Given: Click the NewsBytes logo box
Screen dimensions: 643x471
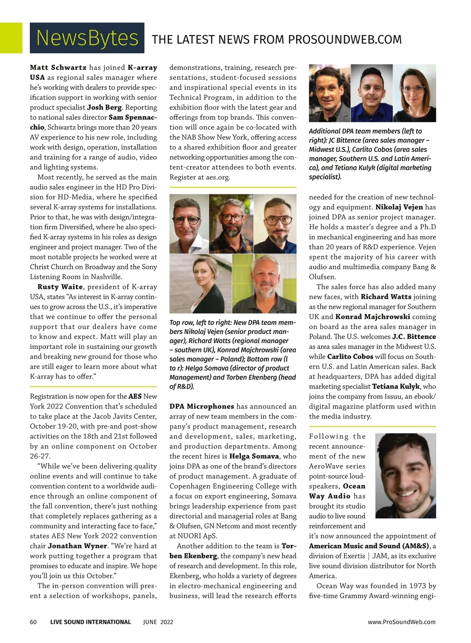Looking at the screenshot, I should [x=87, y=38].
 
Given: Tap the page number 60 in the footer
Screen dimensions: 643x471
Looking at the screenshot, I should [x=33, y=622].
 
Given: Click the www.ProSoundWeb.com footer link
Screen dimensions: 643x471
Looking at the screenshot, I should [x=402, y=622].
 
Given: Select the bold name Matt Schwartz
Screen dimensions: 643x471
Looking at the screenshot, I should [x=58, y=68].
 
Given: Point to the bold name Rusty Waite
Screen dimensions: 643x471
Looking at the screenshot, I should [x=60, y=287].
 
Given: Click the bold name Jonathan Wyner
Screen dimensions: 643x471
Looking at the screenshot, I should [x=77, y=546].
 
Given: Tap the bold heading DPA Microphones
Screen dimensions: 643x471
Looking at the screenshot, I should [x=202, y=406].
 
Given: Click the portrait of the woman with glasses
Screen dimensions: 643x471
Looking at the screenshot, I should [x=415, y=93].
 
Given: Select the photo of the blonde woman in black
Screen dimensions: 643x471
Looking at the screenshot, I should [x=201, y=283].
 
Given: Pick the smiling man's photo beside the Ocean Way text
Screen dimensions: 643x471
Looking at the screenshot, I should [x=405, y=475].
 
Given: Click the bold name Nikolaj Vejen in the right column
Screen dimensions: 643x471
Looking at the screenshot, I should [x=399, y=207].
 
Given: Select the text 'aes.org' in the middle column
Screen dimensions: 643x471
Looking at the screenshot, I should [x=217, y=177].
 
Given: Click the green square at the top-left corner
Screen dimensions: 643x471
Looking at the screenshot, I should [x=11, y=38].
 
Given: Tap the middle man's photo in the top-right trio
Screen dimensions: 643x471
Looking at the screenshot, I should [x=369, y=93].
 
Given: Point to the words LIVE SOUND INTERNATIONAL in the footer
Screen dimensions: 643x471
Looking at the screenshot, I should [x=90, y=622].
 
